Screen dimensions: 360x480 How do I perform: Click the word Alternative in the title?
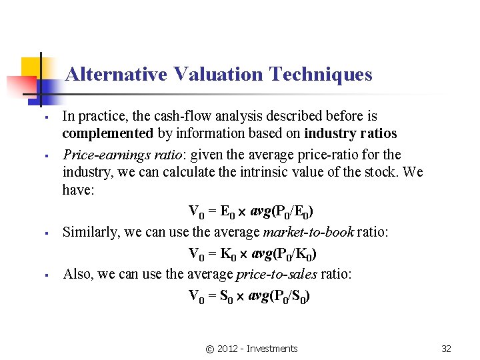click(116, 74)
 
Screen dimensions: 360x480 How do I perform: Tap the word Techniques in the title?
click(321, 74)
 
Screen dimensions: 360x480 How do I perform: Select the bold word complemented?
click(108, 133)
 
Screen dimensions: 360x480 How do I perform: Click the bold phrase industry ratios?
click(350, 133)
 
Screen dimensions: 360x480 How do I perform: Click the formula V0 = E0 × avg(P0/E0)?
click(251, 213)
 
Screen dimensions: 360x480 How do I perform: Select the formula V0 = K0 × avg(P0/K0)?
click(252, 254)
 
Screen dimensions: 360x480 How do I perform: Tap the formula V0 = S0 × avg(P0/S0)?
click(249, 296)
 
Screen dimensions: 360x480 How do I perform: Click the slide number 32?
click(446, 349)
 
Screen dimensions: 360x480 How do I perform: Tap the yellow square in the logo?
click(32, 67)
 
